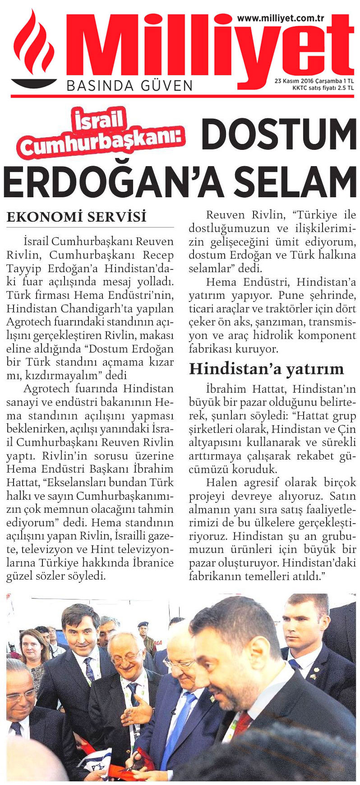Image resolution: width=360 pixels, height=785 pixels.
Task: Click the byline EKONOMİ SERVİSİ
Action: coord(76,217)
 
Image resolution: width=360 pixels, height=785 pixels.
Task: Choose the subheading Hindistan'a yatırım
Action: coord(266,369)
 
